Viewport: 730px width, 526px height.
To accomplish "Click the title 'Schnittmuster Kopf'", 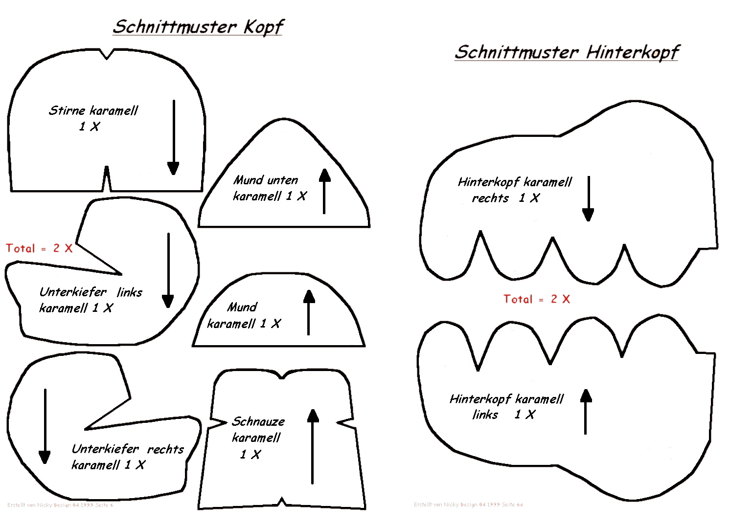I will coord(198,27).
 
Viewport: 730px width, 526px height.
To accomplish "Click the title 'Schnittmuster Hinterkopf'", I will coord(567,52).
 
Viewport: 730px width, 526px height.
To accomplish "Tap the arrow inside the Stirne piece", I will coord(173,137).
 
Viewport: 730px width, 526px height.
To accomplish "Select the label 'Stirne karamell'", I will coord(93,110).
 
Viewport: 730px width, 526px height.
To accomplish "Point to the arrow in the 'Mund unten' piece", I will coord(324,191).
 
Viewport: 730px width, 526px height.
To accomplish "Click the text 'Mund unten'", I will coord(266,180).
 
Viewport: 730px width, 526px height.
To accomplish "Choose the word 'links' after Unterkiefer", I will coord(130,292).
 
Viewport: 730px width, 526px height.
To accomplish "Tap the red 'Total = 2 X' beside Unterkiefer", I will coord(39,248).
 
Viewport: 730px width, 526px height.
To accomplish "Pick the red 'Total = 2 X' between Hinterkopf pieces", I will coord(537,299).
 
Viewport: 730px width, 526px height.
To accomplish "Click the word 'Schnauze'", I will coord(258,421).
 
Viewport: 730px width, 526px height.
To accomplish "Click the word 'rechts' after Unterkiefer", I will coord(165,449).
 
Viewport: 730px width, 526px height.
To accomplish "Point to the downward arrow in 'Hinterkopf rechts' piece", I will coord(588,198).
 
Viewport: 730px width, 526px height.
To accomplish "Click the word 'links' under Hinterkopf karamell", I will coord(485,415).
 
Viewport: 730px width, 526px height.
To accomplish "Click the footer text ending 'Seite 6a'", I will coord(468,504).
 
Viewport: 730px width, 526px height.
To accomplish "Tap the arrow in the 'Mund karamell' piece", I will coord(309,313).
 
